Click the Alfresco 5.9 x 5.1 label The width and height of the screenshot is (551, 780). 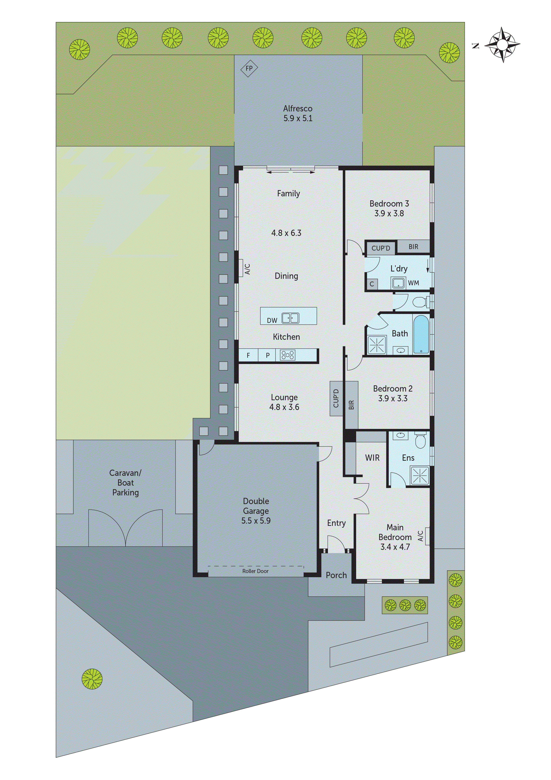[298, 113]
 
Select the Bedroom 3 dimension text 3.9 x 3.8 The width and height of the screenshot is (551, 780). [389, 213]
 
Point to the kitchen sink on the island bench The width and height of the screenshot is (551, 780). [290, 318]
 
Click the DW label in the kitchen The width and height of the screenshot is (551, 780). [272, 320]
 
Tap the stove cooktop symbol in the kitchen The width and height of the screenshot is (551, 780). [287, 355]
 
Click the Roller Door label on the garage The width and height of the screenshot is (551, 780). [255, 571]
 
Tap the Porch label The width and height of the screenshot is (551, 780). [336, 575]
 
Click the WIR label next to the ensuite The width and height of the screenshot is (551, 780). [372, 458]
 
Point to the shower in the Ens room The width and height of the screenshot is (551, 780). [420, 475]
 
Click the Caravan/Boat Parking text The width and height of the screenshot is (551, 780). [125, 482]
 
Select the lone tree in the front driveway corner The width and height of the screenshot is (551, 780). [92, 679]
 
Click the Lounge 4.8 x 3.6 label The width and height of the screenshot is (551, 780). [284, 402]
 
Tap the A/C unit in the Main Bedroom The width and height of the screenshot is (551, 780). [427, 536]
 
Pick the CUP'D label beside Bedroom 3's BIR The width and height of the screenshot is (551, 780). [381, 248]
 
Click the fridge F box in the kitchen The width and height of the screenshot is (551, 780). [248, 355]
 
